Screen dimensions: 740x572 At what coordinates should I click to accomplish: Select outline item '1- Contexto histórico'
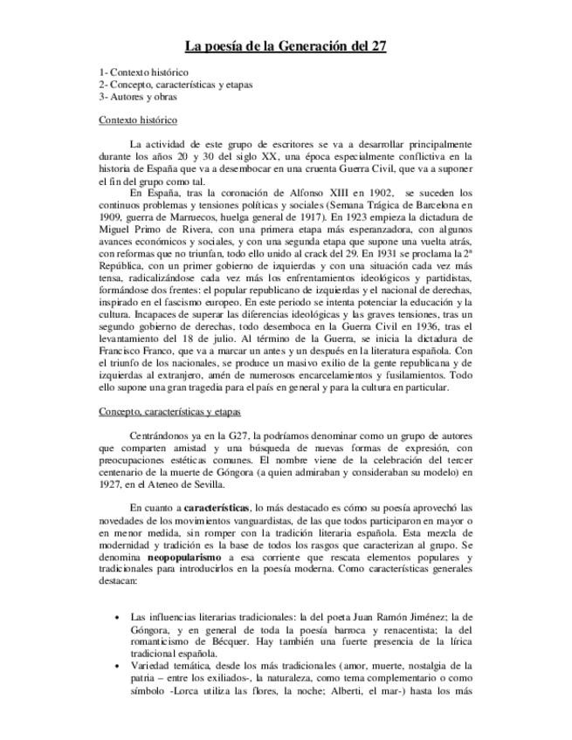(143, 72)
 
